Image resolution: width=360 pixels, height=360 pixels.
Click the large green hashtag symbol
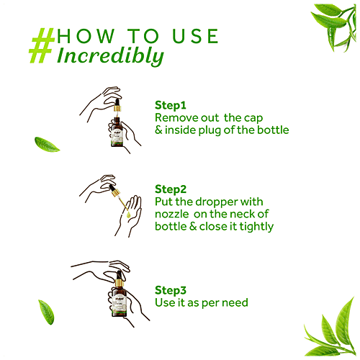[x=42, y=45]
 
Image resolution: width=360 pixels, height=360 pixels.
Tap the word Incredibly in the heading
[x=110, y=56]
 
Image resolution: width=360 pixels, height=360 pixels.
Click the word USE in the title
[x=195, y=36]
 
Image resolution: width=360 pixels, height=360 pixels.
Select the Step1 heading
[x=171, y=106]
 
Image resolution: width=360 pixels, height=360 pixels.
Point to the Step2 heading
[x=171, y=189]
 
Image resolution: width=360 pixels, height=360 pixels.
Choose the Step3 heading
[x=171, y=290]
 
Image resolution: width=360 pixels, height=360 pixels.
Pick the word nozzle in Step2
[x=172, y=215]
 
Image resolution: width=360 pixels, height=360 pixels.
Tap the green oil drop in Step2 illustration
[x=128, y=215]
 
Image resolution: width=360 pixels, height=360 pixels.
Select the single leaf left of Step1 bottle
[x=47, y=145]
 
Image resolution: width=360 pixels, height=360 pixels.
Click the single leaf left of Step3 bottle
[x=46, y=312]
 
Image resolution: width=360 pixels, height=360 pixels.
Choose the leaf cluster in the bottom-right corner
[x=333, y=331]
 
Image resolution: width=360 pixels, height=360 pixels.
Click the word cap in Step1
[x=253, y=119]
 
